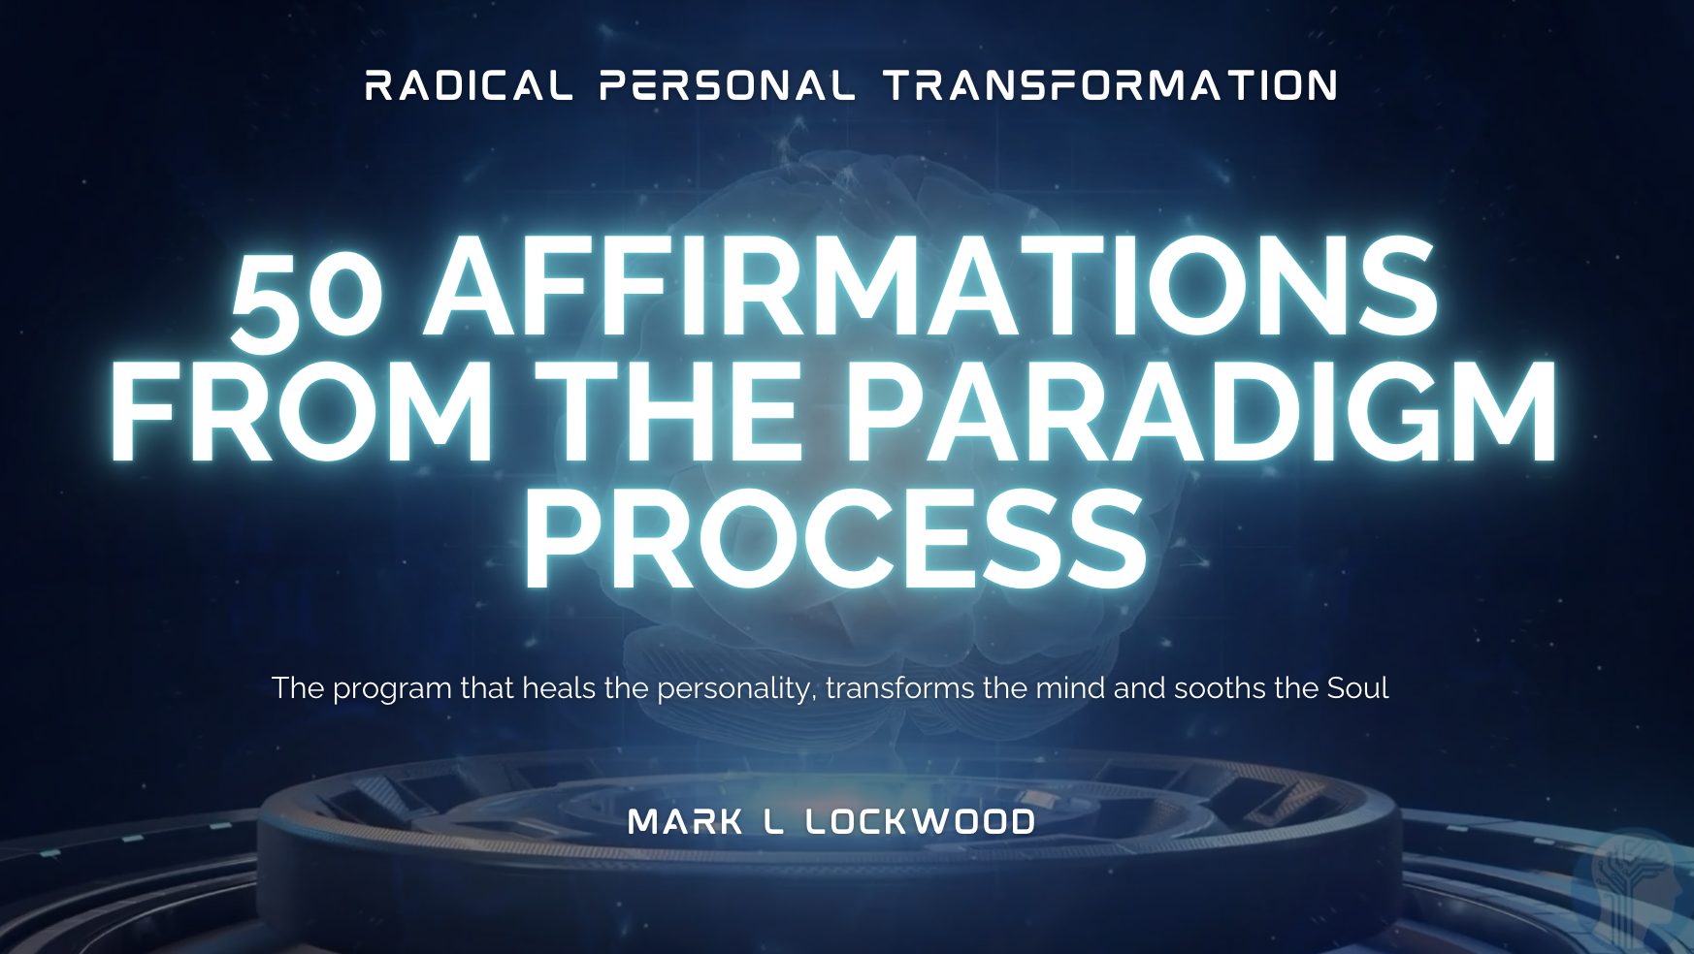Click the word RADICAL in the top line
(x=469, y=86)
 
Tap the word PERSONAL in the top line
(x=727, y=86)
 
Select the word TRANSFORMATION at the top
(x=1111, y=86)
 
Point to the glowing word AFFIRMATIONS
(x=931, y=288)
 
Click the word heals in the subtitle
(x=559, y=688)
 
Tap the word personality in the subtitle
(x=735, y=689)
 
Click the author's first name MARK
(x=685, y=823)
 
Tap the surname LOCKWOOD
(x=920, y=823)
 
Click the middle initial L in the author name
(x=773, y=823)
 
